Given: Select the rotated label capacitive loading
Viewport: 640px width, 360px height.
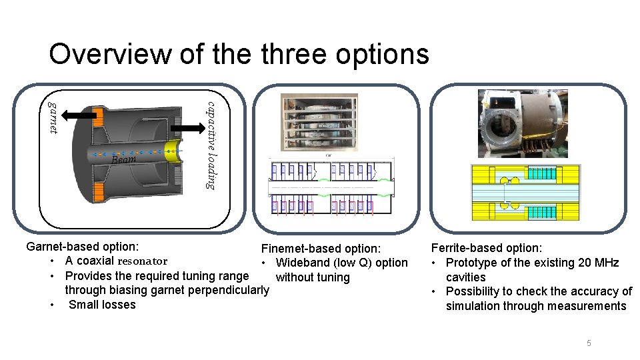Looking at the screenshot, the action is click(210, 145).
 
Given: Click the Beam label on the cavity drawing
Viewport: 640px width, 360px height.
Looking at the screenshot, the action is click(123, 159).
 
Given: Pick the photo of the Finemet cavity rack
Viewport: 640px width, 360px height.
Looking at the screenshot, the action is click(319, 123).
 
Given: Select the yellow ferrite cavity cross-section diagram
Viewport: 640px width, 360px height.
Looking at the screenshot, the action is click(525, 193).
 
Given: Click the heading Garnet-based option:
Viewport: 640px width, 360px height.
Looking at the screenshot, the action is click(83, 247).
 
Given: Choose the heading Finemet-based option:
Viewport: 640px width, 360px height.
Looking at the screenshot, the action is click(321, 249).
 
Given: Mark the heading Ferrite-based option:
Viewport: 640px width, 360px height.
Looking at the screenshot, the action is click(487, 248).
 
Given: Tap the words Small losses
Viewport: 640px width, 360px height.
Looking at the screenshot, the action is click(102, 305).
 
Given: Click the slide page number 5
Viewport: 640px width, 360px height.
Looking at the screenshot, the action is click(589, 343).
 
